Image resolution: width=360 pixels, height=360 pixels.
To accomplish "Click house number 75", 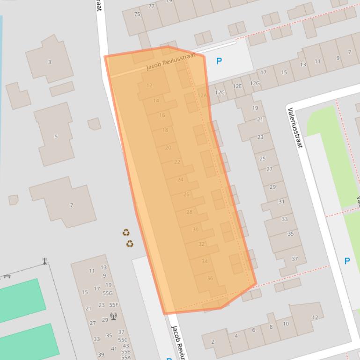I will [137, 14].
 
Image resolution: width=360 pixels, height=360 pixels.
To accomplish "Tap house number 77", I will [151, 6].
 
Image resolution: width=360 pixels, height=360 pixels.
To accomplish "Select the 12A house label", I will [202, 95].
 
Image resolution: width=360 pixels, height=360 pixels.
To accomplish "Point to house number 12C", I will [220, 93].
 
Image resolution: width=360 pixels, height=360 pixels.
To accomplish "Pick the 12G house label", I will [254, 84].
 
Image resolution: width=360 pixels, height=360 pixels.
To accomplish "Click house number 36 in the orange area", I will [210, 278].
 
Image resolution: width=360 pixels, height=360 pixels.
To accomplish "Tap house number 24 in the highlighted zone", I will [180, 180].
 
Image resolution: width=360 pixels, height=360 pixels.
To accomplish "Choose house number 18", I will [165, 130].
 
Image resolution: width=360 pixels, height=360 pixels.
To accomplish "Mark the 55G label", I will [108, 293].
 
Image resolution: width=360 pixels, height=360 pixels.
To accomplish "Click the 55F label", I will [114, 304].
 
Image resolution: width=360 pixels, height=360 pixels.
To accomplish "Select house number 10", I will [286, 324].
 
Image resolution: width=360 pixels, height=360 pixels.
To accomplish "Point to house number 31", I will [281, 202].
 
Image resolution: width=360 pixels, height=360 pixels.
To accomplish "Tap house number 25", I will [263, 158].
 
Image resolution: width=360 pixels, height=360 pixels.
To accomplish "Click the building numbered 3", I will [49, 62].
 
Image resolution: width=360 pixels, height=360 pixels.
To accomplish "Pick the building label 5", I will [56, 137].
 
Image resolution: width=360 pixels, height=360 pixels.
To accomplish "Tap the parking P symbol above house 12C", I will [219, 61].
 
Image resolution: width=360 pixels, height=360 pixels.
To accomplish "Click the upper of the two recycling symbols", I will [126, 232].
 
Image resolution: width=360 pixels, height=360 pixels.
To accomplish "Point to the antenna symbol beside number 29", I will [113, 317].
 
